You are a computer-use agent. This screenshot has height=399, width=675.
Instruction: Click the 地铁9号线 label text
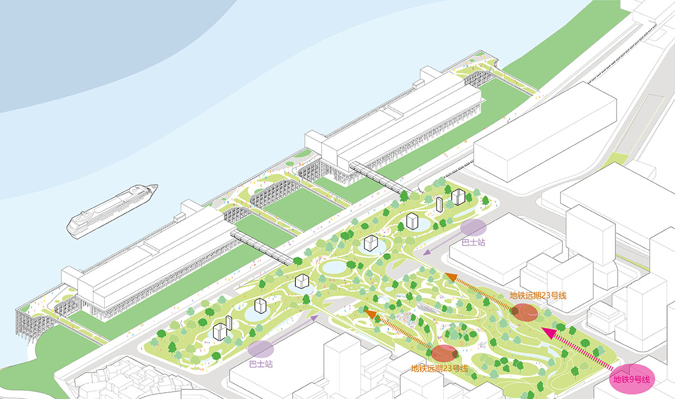pos(631,380)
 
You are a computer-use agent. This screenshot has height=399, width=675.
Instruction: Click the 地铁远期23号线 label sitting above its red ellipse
pos(537,294)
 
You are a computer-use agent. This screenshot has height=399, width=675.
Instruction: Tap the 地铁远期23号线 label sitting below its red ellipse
pos(439,369)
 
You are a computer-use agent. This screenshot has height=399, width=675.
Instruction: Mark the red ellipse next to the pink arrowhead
pos(524,312)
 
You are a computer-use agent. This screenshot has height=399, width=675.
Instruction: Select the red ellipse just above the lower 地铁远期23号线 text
pos(444,353)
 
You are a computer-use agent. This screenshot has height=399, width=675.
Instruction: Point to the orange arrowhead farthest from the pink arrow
pos(369,311)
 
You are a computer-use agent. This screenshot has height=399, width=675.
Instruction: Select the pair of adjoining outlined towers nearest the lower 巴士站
pos(223,329)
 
